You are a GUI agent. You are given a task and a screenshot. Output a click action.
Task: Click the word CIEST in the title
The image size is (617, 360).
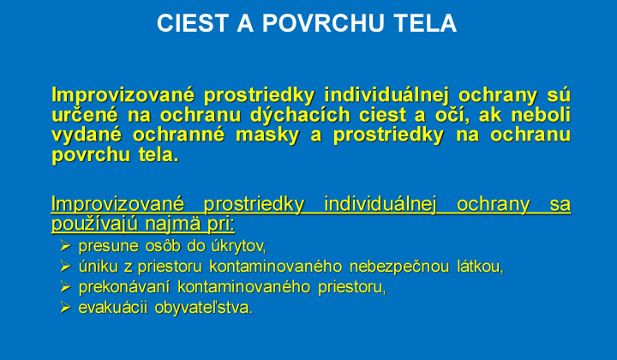tap(193, 23)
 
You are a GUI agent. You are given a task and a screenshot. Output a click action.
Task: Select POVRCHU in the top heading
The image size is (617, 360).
tap(323, 23)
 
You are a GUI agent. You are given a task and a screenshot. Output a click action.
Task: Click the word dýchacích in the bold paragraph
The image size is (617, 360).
tap(300, 115)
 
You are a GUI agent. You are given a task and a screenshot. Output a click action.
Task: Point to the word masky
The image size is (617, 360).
tap(267, 135)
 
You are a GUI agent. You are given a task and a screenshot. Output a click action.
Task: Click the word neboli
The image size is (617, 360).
tap(541, 115)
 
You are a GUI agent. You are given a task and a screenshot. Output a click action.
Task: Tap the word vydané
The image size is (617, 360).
tap(87, 135)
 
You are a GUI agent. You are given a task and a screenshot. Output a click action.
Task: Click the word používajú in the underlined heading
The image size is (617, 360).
tap(95, 225)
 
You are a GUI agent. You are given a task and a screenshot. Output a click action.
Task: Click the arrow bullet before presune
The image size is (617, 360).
tap(65, 246)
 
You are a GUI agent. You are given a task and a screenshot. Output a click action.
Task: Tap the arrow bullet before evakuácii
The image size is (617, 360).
tap(65, 307)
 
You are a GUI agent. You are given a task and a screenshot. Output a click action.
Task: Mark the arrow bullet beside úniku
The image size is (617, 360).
tap(65, 267)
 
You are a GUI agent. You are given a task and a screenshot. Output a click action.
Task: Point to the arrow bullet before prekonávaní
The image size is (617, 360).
tap(65, 287)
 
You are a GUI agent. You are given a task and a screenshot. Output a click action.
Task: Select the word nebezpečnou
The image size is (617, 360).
tap(399, 267)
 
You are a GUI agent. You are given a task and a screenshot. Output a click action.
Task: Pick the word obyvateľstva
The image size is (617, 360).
tap(204, 308)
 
